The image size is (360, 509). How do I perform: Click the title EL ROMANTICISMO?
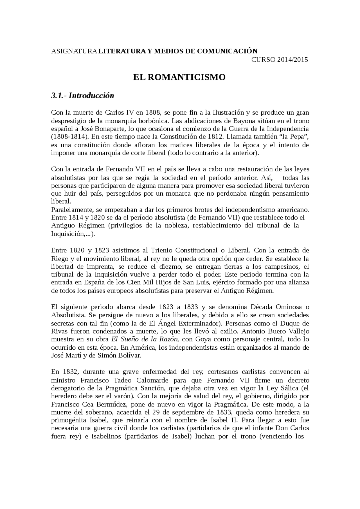[179, 77]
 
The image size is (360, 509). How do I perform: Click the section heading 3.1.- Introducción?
[82, 96]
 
